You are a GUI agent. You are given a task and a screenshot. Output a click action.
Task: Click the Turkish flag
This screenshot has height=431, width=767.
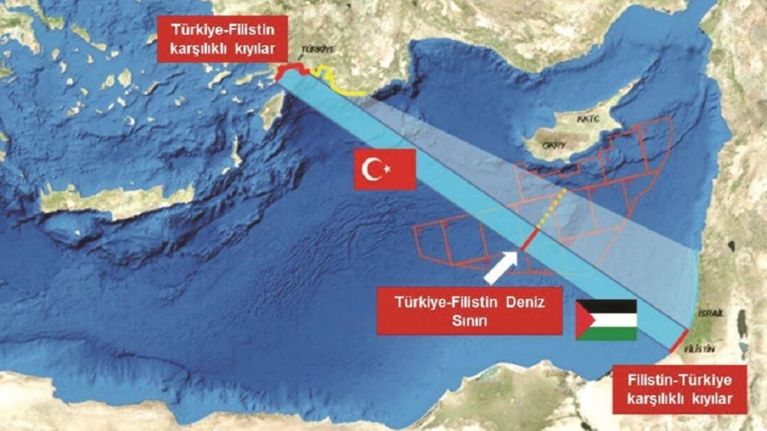click(x=384, y=169)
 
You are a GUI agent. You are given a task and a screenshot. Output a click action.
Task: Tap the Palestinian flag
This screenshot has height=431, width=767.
click(x=606, y=320)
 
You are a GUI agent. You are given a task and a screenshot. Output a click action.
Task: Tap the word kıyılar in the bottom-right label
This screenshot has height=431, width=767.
click(x=709, y=399)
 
